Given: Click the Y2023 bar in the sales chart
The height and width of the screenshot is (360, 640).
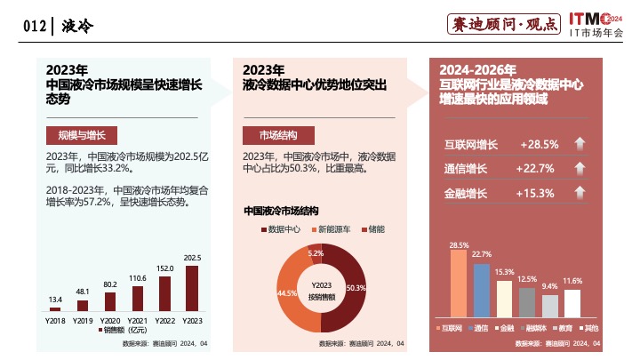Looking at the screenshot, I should [x=192, y=287].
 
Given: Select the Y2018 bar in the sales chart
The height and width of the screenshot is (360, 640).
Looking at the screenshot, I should [x=55, y=308].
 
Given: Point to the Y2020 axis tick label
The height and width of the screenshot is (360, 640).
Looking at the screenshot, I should [x=110, y=319].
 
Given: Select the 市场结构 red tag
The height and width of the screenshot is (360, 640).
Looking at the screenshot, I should [x=278, y=135].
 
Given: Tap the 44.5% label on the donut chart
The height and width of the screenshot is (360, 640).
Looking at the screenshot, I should [x=286, y=292].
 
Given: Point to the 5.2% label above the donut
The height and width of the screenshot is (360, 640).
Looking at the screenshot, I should [x=316, y=253].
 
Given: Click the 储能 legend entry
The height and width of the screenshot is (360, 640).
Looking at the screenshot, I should [x=372, y=229].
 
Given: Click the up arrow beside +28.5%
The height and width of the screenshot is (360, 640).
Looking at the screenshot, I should [x=579, y=144].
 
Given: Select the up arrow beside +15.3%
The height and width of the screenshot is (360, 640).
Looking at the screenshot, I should [x=579, y=193].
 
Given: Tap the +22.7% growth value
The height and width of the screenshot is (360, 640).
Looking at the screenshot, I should [x=537, y=168].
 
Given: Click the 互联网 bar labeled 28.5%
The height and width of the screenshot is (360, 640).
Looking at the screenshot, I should [x=459, y=284].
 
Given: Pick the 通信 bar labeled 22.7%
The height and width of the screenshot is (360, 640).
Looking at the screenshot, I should [x=482, y=290].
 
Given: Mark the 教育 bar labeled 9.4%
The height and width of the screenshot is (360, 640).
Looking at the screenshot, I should [x=550, y=306].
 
